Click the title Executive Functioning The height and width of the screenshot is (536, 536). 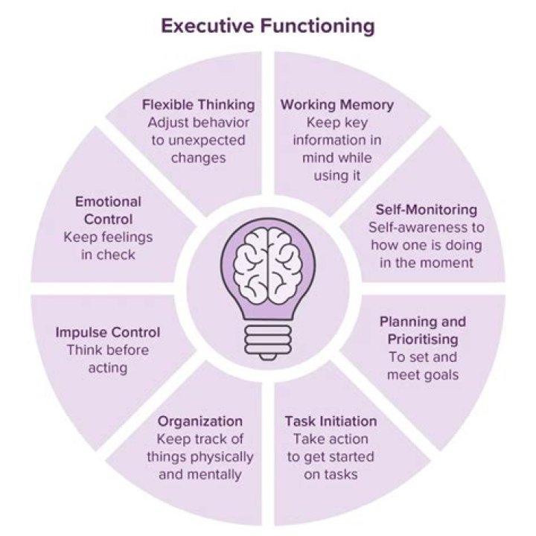coord(268,28)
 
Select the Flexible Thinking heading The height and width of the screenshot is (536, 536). coord(198,104)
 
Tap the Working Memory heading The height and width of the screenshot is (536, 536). coord(337,104)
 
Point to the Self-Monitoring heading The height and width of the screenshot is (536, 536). coord(427,209)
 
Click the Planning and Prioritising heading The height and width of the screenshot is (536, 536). coord(423,331)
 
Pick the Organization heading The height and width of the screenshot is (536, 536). coord(200,421)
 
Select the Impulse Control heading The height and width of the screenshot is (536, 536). coord(108,332)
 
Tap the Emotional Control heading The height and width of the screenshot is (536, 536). coord(108,211)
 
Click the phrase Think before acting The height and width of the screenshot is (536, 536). coord(108,359)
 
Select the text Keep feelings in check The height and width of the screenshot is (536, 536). coord(108,246)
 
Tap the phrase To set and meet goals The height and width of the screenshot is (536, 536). coord(423,366)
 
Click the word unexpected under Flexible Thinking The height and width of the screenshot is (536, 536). coord(198,139)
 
